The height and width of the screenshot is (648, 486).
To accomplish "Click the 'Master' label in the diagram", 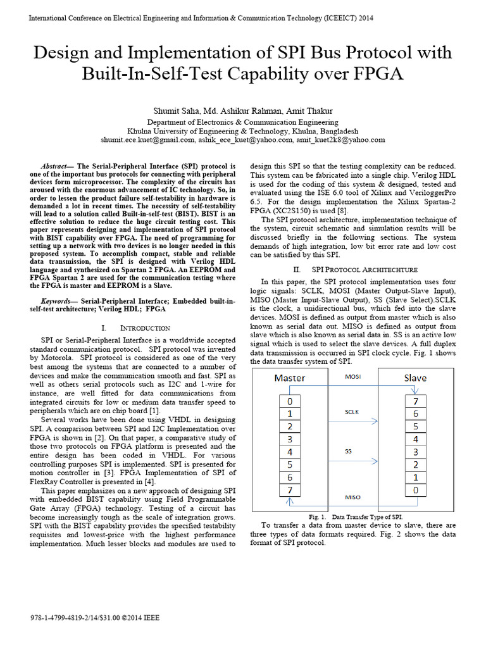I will [x=289, y=378].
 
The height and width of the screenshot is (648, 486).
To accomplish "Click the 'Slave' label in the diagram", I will [x=415, y=378].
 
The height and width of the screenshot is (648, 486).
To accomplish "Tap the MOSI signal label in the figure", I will [x=352, y=377].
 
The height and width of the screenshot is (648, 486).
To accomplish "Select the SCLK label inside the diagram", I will [x=352, y=411].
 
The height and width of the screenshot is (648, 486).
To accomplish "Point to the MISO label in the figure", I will [x=352, y=497].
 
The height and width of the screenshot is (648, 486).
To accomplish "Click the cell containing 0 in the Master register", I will [x=290, y=401].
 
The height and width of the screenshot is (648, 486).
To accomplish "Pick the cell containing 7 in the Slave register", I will [x=415, y=401].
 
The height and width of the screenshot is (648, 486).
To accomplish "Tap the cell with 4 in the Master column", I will [x=290, y=452].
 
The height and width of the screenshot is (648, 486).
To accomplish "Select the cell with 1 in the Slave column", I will [x=415, y=477].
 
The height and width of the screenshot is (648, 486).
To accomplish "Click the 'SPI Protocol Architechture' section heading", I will [x=363, y=269].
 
